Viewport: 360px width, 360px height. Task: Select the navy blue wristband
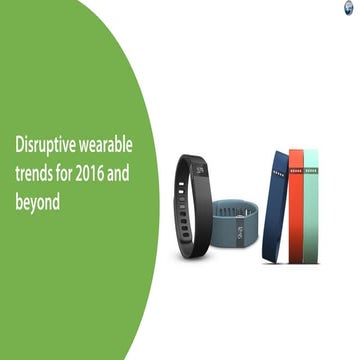[275, 205]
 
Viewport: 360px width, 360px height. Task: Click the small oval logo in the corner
[353, 7]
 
